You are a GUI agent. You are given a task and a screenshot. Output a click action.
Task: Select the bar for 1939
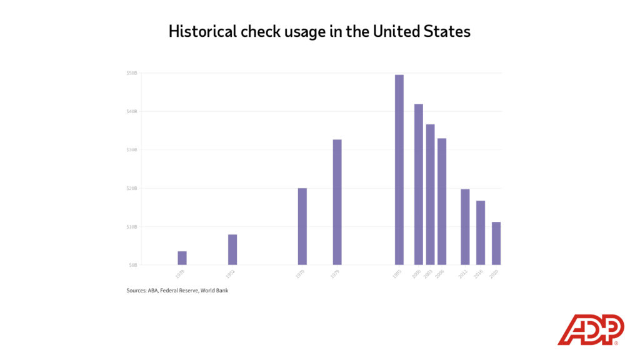(182, 257)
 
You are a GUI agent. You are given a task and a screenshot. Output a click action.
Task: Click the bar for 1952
(232, 249)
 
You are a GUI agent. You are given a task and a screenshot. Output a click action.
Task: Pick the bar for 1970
(302, 226)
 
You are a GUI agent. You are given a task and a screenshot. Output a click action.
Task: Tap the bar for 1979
(337, 202)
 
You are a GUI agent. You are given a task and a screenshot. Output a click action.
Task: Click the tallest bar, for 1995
(399, 169)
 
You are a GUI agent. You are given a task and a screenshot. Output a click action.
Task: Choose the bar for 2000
(419, 184)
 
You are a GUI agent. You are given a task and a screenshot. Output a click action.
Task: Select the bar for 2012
(465, 226)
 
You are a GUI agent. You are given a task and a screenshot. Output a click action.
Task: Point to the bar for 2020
(496, 243)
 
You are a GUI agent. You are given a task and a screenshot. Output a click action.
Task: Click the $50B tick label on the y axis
(131, 73)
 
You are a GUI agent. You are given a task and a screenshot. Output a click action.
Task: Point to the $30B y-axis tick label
(131, 150)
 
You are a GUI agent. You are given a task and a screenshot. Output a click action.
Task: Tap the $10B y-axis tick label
(131, 226)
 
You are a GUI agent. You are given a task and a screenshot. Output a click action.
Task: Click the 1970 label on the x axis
(301, 274)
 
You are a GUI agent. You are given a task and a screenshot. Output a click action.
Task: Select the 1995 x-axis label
(397, 274)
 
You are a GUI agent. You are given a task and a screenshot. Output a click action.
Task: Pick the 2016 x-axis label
(479, 274)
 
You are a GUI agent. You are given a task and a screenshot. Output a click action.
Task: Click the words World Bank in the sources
(214, 291)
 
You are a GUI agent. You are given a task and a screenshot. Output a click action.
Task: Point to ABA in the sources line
(152, 291)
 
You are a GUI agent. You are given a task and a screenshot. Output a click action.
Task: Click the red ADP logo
(590, 329)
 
